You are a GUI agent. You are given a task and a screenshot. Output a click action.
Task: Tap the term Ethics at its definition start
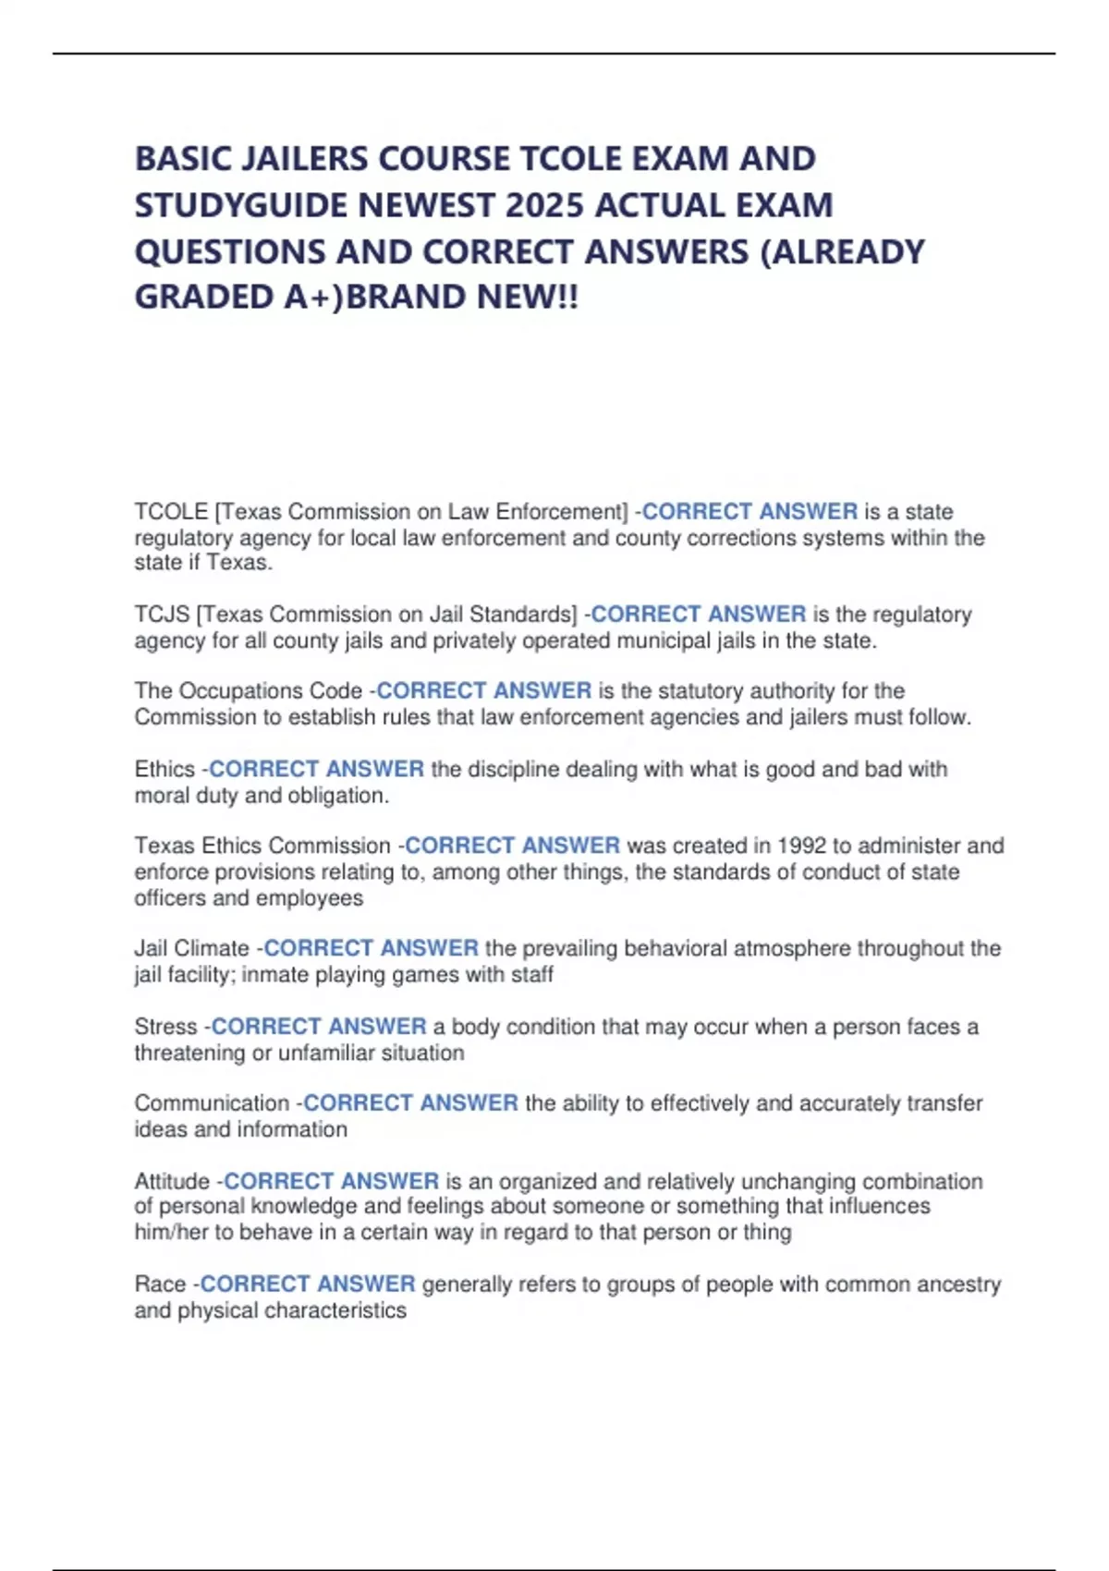[165, 769]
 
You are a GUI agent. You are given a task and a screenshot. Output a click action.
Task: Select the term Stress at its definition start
[165, 1027]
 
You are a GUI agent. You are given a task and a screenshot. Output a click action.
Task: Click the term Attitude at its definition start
[172, 1181]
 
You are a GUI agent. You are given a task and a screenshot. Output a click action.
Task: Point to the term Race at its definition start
[160, 1284]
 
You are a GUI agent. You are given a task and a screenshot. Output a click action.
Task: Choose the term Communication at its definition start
[212, 1103]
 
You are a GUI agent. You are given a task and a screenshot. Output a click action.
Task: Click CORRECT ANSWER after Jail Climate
[371, 948]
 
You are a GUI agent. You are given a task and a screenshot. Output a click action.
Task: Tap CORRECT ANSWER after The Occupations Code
[483, 691]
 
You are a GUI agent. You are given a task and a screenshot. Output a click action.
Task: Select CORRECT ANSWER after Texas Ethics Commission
[512, 846]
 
